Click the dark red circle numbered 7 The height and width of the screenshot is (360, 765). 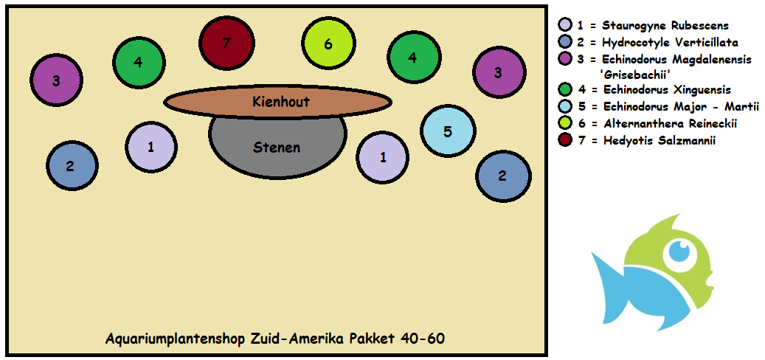226,43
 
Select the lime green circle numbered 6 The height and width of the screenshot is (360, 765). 328,44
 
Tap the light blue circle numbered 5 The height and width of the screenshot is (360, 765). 447,131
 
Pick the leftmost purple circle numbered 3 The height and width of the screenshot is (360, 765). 56,80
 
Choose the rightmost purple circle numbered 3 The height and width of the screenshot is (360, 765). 499,72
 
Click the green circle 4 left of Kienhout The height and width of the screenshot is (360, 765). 138,62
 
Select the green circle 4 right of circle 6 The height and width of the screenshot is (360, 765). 412,58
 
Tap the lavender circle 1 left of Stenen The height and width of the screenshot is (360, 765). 151,146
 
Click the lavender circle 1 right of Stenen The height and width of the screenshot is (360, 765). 382,156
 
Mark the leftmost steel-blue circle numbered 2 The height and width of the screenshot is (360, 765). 71,165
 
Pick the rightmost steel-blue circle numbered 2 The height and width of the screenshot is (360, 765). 502,176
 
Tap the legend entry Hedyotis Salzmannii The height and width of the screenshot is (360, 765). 658,139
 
